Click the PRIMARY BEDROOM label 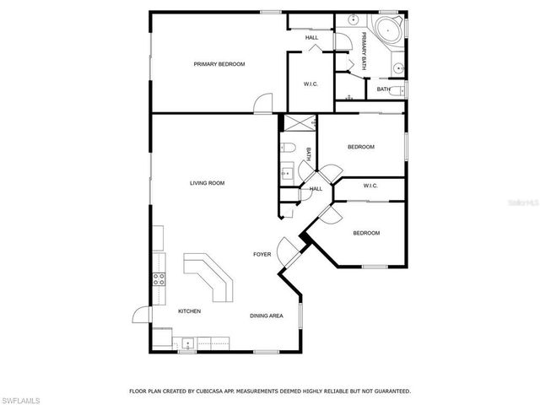click(x=219, y=64)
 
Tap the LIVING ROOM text click(x=207, y=183)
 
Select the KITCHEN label click(x=189, y=311)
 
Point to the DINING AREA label click(x=266, y=316)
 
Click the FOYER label click(x=262, y=254)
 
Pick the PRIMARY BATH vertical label click(x=364, y=43)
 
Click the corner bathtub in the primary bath click(x=391, y=31)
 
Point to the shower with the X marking click(x=297, y=124)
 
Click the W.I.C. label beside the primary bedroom click(x=310, y=84)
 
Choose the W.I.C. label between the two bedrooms click(x=370, y=186)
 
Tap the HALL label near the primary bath click(x=311, y=37)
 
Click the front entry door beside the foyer click(x=289, y=246)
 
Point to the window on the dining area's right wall click(x=300, y=323)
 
